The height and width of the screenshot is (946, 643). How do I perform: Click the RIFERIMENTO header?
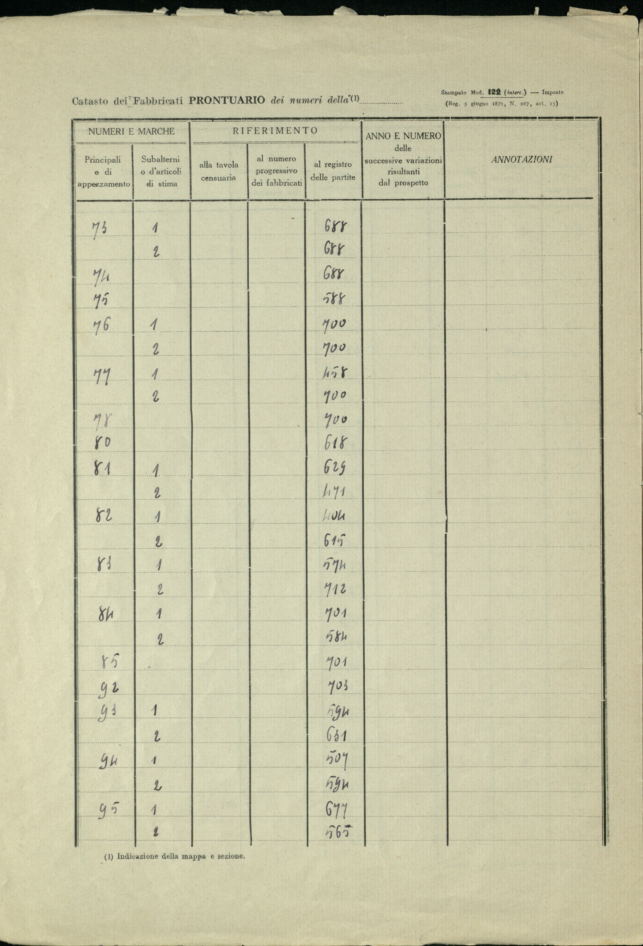(275, 131)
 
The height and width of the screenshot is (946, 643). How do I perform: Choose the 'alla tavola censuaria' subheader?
(219, 171)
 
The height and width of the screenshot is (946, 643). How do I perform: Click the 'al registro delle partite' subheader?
(333, 171)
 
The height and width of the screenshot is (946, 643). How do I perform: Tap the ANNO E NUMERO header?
(403, 136)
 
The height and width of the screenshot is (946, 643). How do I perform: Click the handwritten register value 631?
(336, 735)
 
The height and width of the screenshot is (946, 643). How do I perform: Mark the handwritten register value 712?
(336, 589)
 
